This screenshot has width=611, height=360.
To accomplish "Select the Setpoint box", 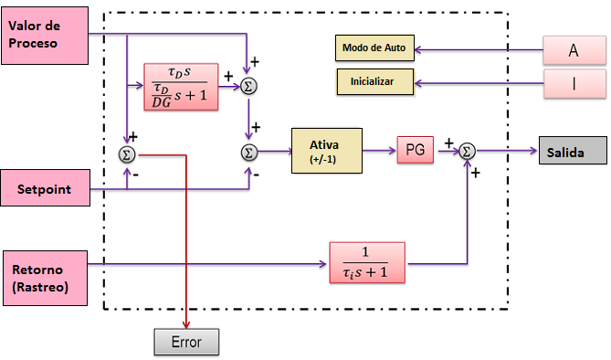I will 43,190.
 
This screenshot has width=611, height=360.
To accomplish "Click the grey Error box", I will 185,344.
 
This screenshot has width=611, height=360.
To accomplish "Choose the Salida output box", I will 572,151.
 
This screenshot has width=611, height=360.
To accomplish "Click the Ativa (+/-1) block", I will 326,149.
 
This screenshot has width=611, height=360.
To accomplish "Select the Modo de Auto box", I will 374,47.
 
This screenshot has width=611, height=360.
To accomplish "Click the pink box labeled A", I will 574,50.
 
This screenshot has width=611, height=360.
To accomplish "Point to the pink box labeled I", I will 574,86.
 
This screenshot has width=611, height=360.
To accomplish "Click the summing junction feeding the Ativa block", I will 248,151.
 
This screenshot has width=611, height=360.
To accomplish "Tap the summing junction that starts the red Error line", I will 126,154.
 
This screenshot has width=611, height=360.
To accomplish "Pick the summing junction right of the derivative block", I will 248,85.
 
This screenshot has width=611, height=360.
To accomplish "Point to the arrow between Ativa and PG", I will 379,150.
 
